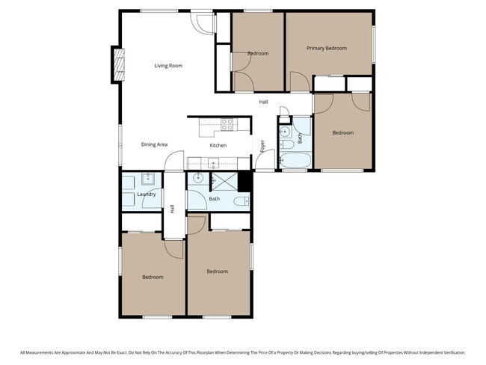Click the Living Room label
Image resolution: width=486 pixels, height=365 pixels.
[x=168, y=66]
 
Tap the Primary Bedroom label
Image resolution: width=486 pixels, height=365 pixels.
[x=327, y=48]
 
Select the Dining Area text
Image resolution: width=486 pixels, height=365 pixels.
[x=154, y=144]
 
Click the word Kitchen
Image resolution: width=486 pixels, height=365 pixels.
[x=218, y=145]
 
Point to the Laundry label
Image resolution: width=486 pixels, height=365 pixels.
[x=147, y=194]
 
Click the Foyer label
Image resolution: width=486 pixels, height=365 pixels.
[x=262, y=146]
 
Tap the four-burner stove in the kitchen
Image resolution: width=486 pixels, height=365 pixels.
[x=227, y=124]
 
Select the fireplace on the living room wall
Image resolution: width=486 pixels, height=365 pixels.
[x=117, y=65]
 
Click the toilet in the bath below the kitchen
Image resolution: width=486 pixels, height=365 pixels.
[x=242, y=201]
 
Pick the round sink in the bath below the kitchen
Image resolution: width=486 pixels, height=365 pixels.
[x=198, y=179]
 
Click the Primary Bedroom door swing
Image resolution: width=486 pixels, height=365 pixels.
[x=297, y=82]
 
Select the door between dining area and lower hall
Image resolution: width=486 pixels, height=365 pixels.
[x=173, y=161]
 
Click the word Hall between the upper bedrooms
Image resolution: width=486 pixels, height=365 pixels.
[x=263, y=102]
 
